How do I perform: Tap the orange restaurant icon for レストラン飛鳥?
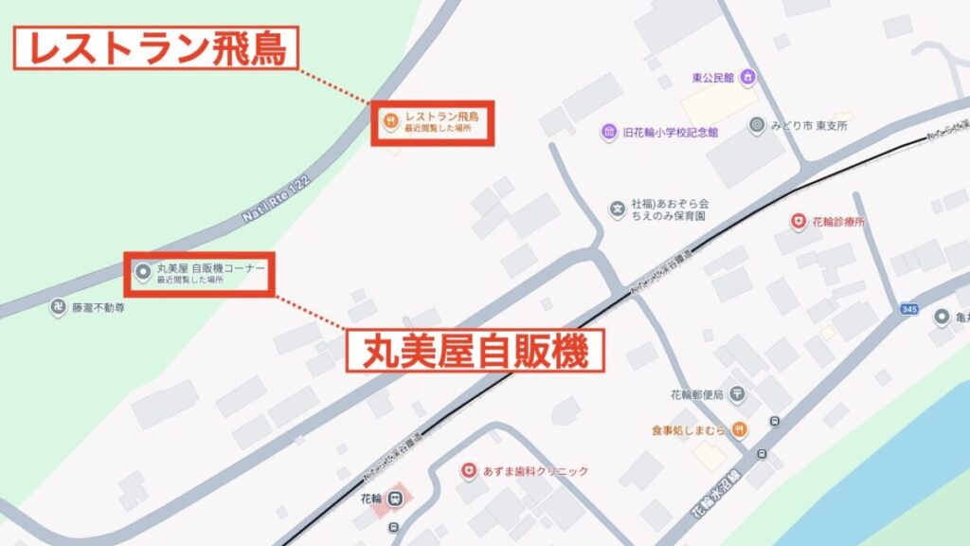pyautogui.click(x=390, y=120)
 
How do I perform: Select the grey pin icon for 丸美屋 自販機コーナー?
pyautogui.click(x=143, y=273)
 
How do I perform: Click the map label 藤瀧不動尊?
pyautogui.click(x=100, y=308)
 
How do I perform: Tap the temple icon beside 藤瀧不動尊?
pyautogui.click(x=59, y=308)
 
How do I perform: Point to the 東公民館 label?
pyautogui.click(x=713, y=78)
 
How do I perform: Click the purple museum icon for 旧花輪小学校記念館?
pyautogui.click(x=608, y=133)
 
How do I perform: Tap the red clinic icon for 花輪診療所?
pyautogui.click(x=798, y=222)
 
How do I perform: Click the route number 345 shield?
pyautogui.click(x=909, y=309)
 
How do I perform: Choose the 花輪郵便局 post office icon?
pyautogui.click(x=738, y=394)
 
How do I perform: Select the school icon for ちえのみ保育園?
pyautogui.click(x=618, y=205)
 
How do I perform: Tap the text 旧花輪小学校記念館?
pyautogui.click(x=671, y=133)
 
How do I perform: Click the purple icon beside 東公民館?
pyautogui.click(x=747, y=77)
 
